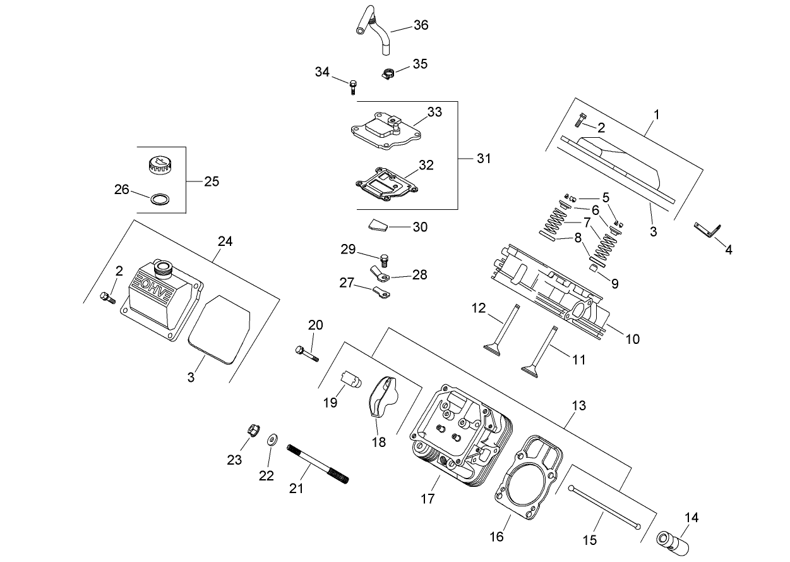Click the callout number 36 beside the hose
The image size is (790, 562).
[x=421, y=25]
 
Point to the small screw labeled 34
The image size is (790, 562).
[x=353, y=85]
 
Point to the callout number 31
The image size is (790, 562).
[x=483, y=158]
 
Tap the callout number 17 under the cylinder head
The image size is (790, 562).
[x=428, y=499]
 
